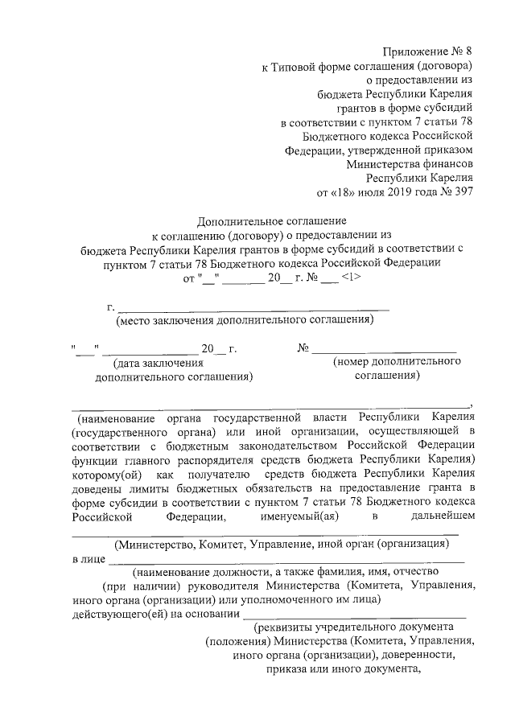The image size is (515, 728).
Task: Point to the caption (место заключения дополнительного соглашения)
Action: coord(245,320)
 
